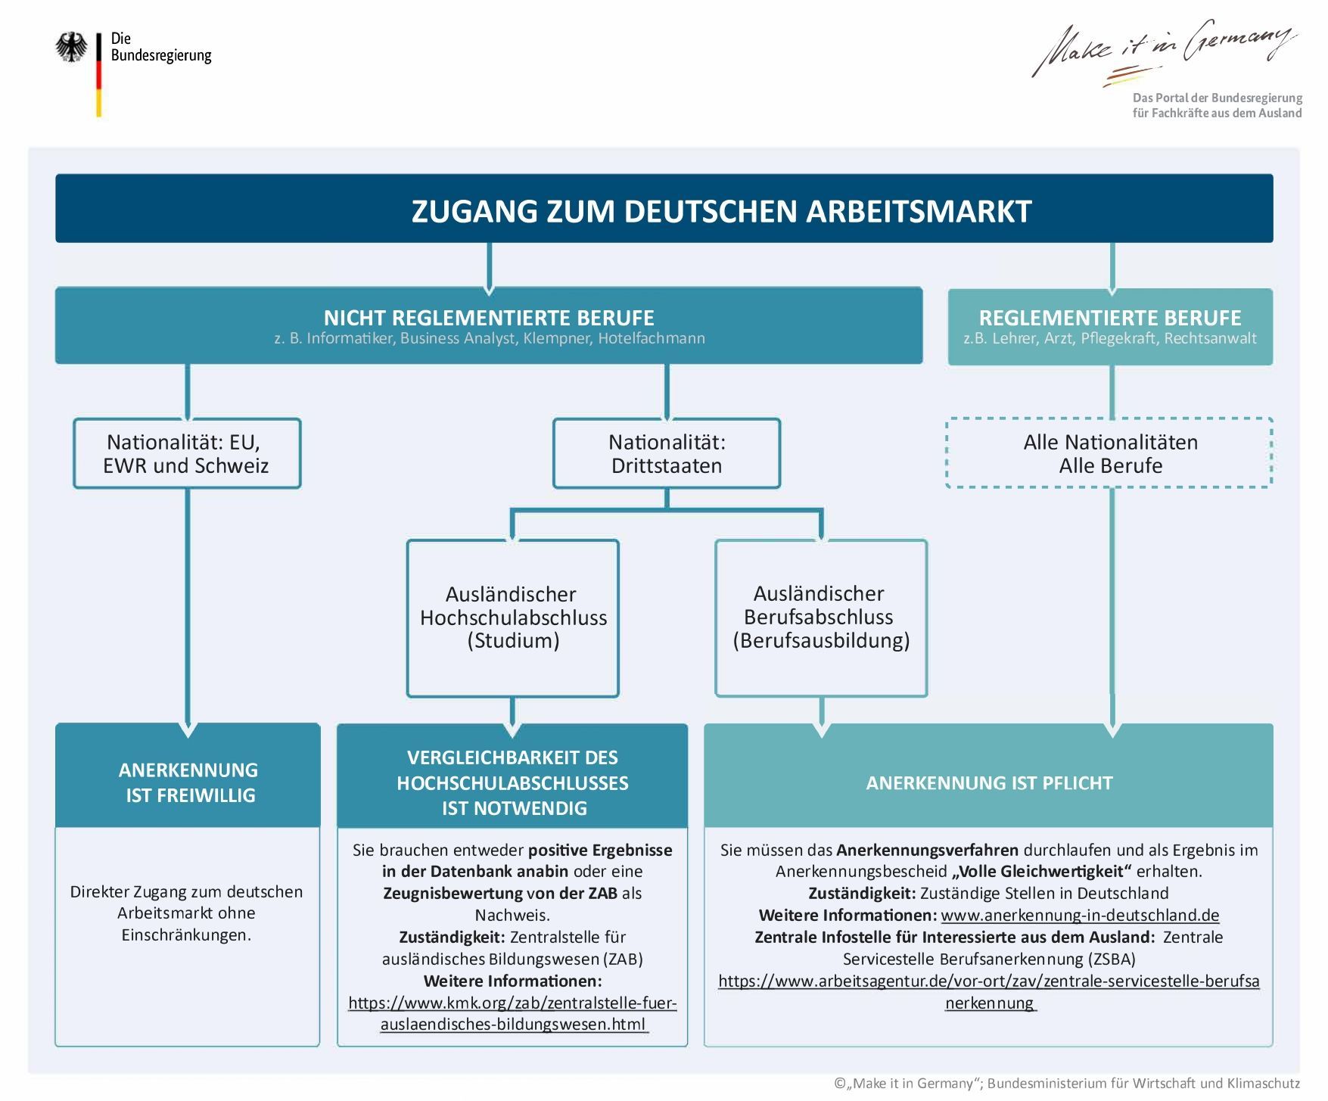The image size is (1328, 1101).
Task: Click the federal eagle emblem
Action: point(71,47)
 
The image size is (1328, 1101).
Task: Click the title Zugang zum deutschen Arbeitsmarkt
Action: point(720,210)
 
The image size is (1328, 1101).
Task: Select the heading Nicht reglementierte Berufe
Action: point(489,318)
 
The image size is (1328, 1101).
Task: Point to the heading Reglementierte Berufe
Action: point(1110,318)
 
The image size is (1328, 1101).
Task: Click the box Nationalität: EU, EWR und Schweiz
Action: point(186,453)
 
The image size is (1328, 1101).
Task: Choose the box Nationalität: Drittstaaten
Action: point(666,453)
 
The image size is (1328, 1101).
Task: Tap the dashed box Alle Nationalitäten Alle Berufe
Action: point(1110,453)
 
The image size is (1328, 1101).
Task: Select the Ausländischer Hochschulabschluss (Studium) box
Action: point(513,617)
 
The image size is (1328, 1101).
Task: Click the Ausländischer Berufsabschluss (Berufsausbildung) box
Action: point(821,617)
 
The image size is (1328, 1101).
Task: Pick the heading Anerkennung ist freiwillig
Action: point(188,782)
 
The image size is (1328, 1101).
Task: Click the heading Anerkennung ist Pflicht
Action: point(989,782)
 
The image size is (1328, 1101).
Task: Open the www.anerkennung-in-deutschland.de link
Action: point(1080,915)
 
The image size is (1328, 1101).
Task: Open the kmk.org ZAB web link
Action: point(512,1013)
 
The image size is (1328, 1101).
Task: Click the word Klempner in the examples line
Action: point(558,338)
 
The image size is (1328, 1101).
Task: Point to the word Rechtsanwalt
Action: point(1210,338)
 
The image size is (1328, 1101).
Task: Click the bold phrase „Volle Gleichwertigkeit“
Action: point(1042,871)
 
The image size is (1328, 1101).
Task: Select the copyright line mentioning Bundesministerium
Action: point(1067,1084)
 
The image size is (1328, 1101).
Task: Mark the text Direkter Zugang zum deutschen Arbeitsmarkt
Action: point(186,901)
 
